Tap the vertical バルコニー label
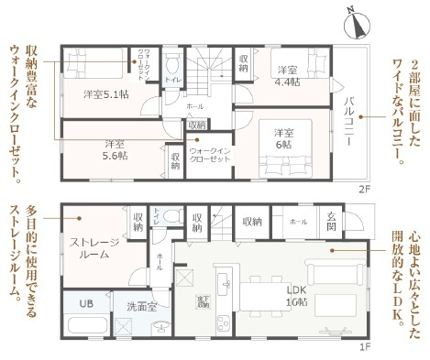(x=348, y=115)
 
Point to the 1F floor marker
(x=363, y=346)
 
